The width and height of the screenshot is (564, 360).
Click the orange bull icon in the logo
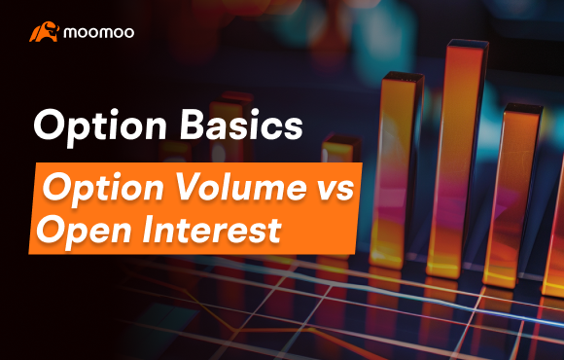coord(43,32)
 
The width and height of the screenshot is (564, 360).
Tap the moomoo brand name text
coord(99,32)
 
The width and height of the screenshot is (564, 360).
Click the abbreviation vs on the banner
coord(332,185)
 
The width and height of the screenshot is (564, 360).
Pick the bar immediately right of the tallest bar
coord(512,195)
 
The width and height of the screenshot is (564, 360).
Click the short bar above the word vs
coord(341,156)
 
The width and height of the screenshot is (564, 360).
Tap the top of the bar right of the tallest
coord(519,105)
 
